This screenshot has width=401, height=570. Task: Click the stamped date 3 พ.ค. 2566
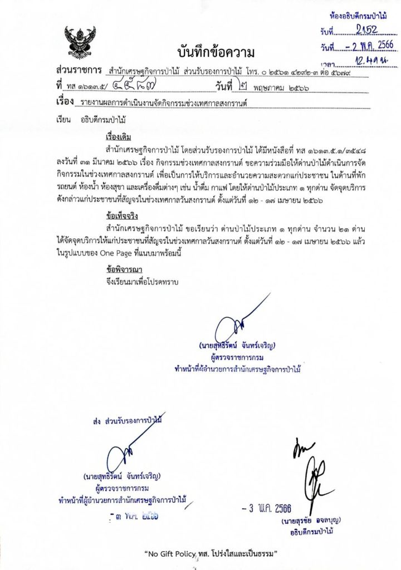click(267, 508)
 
